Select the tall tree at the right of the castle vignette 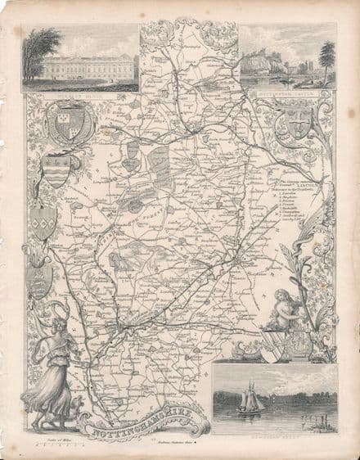click(x=327, y=61)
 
